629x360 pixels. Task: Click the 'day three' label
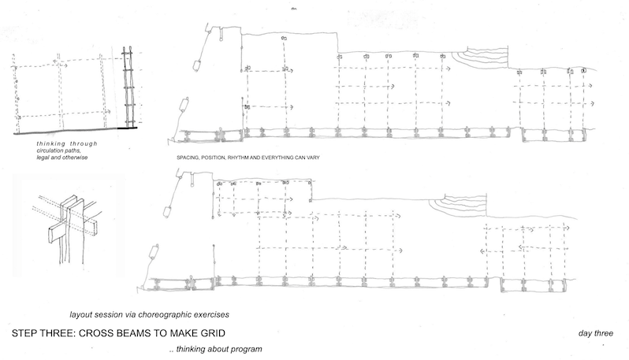(596, 333)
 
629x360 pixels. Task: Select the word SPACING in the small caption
(188, 158)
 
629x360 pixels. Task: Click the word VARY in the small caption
(313, 158)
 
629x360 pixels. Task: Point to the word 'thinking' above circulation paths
(51, 143)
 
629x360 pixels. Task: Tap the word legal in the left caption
(42, 158)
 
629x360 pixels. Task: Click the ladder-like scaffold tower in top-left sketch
(128, 87)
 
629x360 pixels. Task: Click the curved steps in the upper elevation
(482, 58)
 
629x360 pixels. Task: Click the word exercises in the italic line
(212, 314)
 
